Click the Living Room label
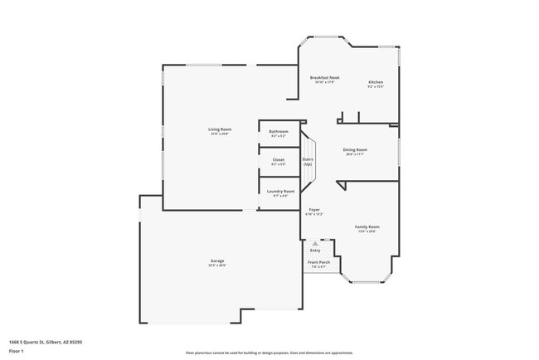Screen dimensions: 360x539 [219, 129]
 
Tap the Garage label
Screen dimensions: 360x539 [216, 261]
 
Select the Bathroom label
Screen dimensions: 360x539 [279, 131]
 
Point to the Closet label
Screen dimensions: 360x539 [279, 159]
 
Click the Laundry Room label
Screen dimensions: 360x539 [280, 191]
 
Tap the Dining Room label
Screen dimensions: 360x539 [355, 149]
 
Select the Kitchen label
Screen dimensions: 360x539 [376, 81]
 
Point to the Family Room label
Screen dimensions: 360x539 [367, 226]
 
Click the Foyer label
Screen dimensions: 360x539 [315, 210]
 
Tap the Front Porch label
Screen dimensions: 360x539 [319, 262]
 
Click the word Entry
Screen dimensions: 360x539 [315, 250]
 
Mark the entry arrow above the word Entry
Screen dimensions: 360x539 [315, 243]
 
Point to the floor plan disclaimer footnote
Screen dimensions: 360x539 [269, 352]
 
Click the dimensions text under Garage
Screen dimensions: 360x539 [216, 266]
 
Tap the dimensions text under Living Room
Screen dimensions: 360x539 [219, 134]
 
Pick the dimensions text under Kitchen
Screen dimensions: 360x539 [376, 86]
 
